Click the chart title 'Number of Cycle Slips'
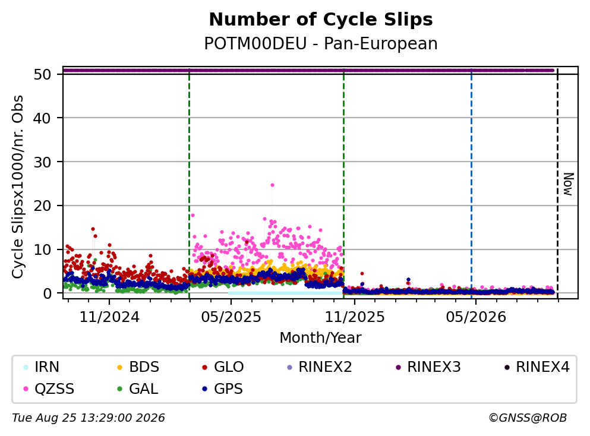click(x=321, y=20)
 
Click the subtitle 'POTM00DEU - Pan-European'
click(x=321, y=43)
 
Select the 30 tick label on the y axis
click(x=42, y=162)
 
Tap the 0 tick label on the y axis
click(x=47, y=293)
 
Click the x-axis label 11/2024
click(x=109, y=317)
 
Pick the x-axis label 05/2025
click(x=231, y=317)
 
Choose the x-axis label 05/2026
click(x=476, y=317)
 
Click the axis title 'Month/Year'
click(x=321, y=338)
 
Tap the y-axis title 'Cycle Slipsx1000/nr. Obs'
click(x=17, y=187)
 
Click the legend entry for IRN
click(x=42, y=367)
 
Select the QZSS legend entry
click(x=49, y=388)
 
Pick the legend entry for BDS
click(x=138, y=367)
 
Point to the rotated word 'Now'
click(x=568, y=184)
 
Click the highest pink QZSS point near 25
click(x=273, y=185)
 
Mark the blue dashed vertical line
click(x=472, y=184)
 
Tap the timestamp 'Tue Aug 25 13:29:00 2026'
click(x=89, y=418)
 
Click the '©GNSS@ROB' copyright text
click(x=528, y=418)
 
